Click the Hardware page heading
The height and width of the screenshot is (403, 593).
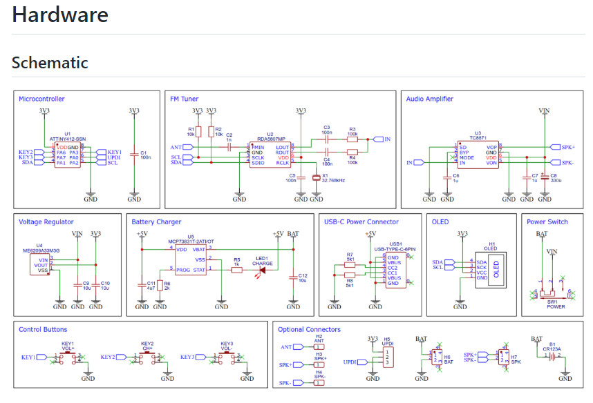coord(60,15)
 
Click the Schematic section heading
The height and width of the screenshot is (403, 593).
coord(50,63)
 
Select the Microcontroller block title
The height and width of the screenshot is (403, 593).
coord(41,99)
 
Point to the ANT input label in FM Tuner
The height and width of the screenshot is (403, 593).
coord(176,147)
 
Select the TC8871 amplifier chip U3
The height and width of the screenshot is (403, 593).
coord(478,155)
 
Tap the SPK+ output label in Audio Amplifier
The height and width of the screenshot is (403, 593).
coord(567,147)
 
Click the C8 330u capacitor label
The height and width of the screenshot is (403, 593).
coord(553,178)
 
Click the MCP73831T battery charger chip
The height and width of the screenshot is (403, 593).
coord(190,259)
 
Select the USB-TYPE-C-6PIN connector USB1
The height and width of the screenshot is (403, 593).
coord(395,271)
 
